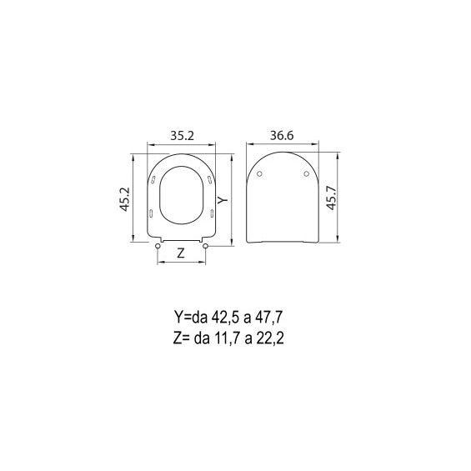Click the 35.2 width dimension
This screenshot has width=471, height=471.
[182, 136]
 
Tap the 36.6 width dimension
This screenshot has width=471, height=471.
[282, 136]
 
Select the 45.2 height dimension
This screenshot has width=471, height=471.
[125, 199]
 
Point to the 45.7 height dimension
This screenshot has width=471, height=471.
[332, 198]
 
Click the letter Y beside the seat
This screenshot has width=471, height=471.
[223, 200]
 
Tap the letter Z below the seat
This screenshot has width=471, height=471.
[181, 253]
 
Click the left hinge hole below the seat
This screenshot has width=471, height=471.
[158, 246]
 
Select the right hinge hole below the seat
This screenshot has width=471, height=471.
[205, 246]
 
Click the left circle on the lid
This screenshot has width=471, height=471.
[260, 173]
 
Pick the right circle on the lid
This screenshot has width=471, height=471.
[307, 173]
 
